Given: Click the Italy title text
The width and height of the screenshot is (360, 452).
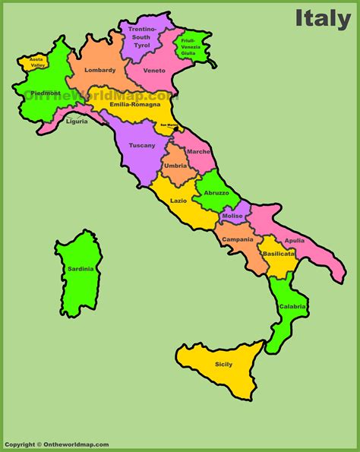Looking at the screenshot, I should pyautogui.click(x=322, y=17).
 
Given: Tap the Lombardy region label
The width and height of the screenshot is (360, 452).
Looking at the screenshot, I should pyautogui.click(x=100, y=70).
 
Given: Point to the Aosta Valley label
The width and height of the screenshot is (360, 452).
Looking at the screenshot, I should pyautogui.click(x=36, y=62).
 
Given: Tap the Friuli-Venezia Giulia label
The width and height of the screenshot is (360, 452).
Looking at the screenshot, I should pyautogui.click(x=190, y=46).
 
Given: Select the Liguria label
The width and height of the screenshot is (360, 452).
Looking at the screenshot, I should pyautogui.click(x=77, y=121).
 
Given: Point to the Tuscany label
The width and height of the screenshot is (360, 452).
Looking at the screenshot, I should pyautogui.click(x=141, y=145).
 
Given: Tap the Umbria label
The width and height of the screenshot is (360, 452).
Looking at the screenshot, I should pyautogui.click(x=175, y=165).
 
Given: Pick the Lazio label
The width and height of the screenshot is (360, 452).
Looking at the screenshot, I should pyautogui.click(x=178, y=201).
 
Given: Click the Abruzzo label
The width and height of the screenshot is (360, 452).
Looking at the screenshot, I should pyautogui.click(x=216, y=193).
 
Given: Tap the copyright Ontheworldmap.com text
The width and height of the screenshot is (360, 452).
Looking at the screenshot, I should pyautogui.click(x=56, y=444).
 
